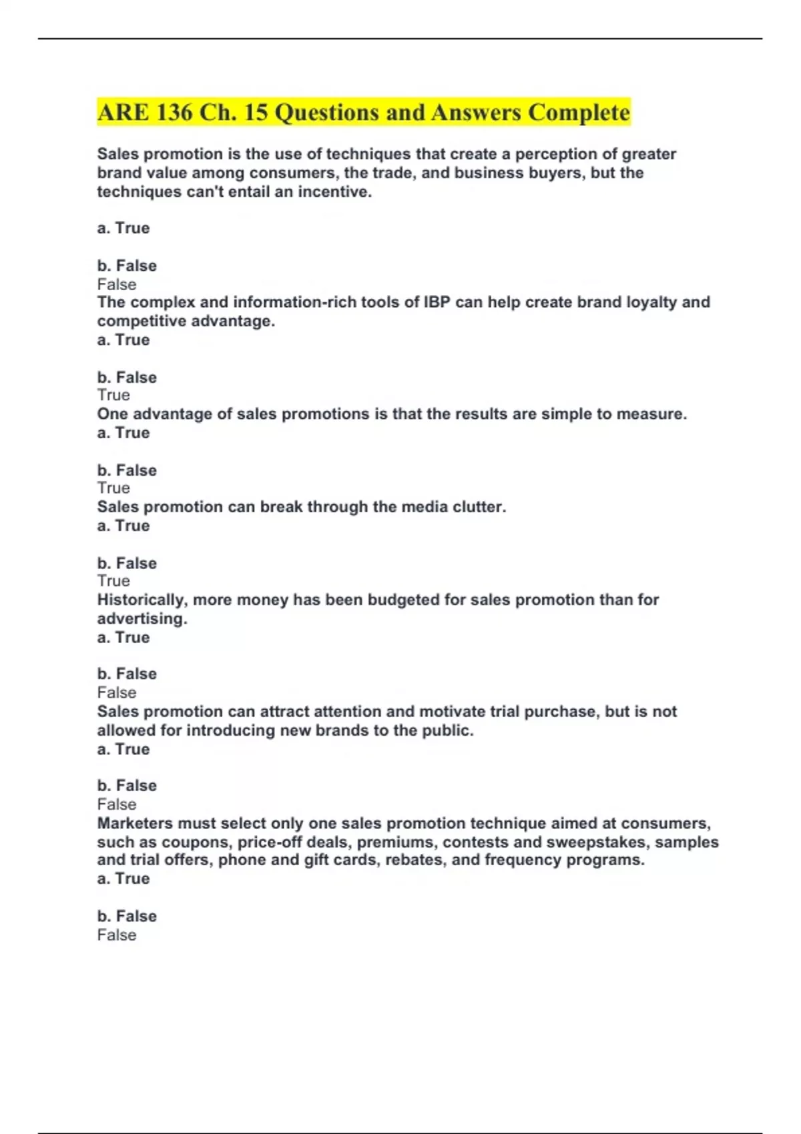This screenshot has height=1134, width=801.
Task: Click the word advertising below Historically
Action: click(142, 618)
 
